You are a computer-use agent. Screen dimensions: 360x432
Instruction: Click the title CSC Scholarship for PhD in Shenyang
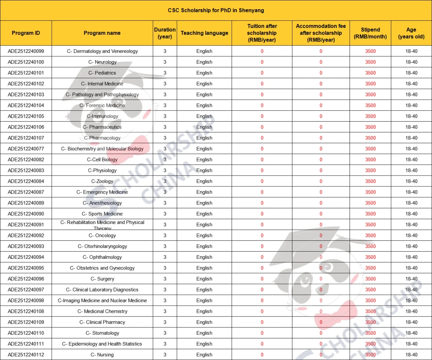click(216, 10)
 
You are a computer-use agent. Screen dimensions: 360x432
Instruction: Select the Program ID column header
click(26, 33)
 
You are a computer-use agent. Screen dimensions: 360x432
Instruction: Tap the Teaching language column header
click(204, 33)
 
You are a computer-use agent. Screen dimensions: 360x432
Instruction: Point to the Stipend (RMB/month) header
click(370, 33)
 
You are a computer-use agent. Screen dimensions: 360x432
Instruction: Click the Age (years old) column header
click(411, 33)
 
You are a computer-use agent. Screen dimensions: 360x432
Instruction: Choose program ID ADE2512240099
click(26, 51)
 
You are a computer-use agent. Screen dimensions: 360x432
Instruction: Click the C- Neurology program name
click(102, 62)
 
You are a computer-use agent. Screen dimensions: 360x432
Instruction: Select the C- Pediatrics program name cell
click(102, 73)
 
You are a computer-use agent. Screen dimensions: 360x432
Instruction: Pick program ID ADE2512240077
click(26, 149)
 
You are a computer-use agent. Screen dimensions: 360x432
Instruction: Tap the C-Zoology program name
click(102, 181)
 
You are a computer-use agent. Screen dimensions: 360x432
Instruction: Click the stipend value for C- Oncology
click(370, 236)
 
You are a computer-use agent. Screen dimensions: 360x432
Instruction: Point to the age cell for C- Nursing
click(411, 355)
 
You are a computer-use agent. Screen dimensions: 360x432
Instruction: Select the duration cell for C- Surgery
click(165, 279)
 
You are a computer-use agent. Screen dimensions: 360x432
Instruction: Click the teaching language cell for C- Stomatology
click(204, 333)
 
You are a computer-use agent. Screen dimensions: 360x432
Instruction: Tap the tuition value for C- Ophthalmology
click(262, 257)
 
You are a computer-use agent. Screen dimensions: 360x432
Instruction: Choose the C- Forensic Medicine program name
click(102, 106)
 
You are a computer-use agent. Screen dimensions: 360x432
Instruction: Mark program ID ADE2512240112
click(26, 355)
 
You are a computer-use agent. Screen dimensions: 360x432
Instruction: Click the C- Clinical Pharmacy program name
click(102, 322)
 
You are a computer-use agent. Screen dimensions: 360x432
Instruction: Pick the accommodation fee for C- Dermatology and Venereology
click(321, 51)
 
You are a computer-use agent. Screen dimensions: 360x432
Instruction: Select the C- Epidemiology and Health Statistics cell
click(102, 344)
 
